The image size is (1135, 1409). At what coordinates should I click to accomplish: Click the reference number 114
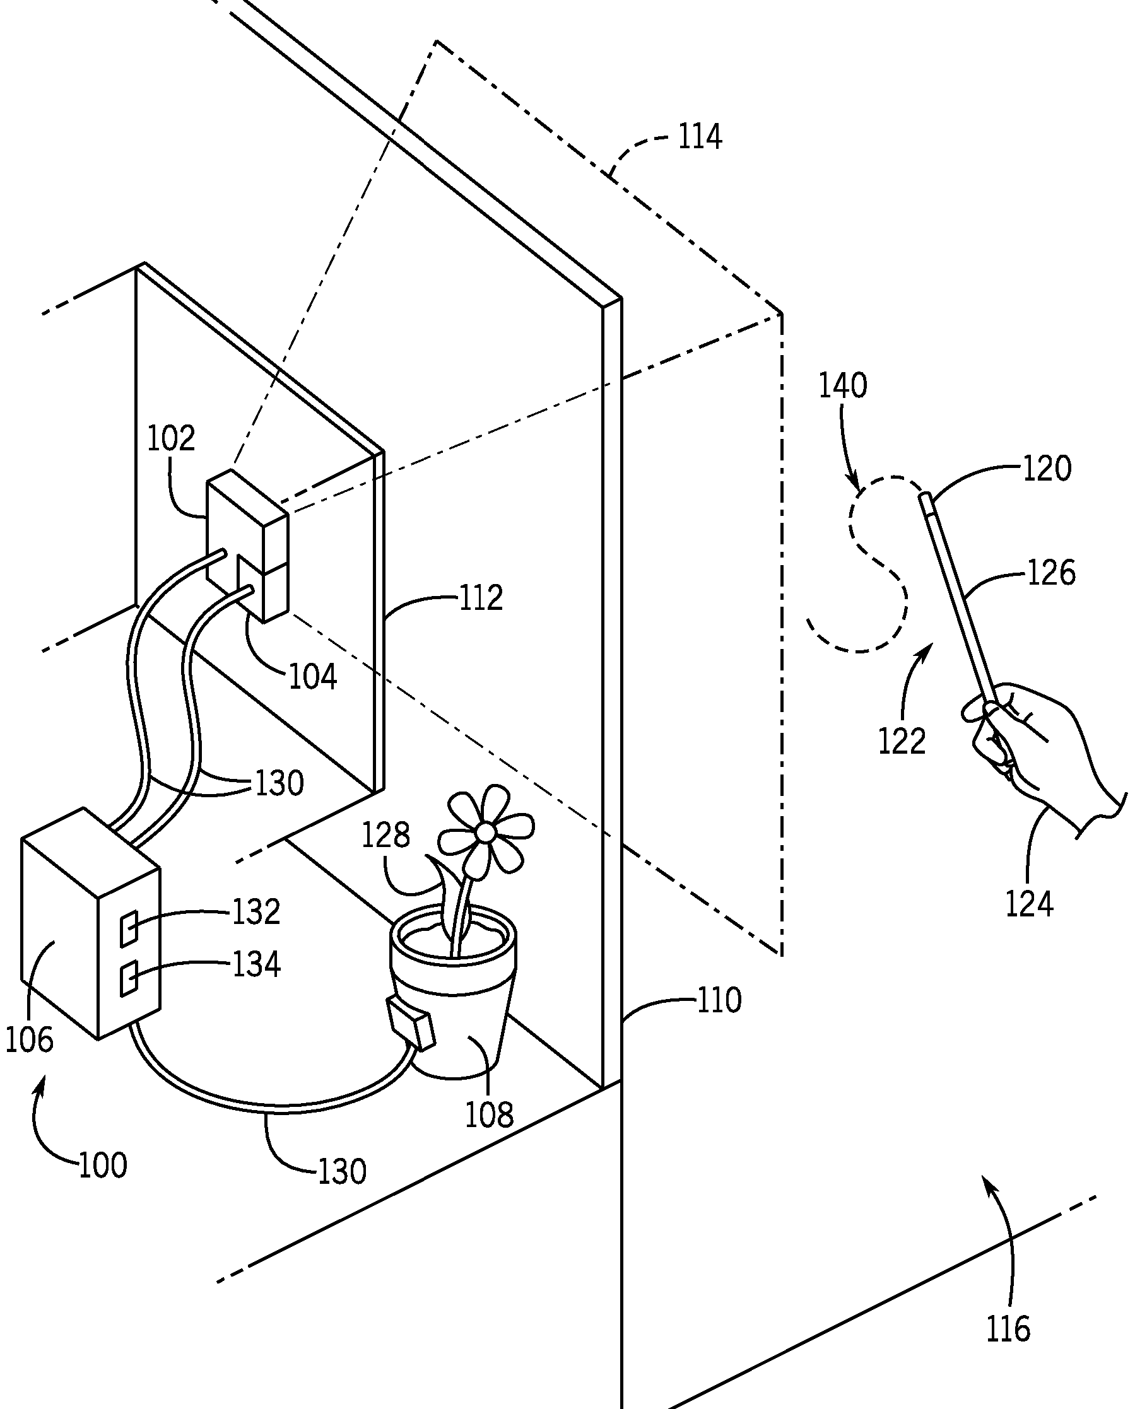pyautogui.click(x=700, y=137)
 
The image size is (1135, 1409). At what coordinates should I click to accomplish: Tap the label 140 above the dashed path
pyautogui.click(x=843, y=385)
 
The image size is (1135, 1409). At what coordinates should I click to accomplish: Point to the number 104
pyautogui.click(x=313, y=677)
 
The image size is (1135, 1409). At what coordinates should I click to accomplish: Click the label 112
pyautogui.click(x=481, y=597)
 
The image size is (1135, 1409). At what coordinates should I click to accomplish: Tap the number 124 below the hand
pyautogui.click(x=1029, y=904)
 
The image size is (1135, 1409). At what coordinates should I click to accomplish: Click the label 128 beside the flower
pyautogui.click(x=385, y=834)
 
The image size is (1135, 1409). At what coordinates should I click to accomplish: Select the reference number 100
pyautogui.click(x=103, y=1166)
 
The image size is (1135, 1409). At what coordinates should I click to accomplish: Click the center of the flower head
pyautogui.click(x=485, y=832)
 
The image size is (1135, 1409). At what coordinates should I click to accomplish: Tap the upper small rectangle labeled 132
pyautogui.click(x=129, y=928)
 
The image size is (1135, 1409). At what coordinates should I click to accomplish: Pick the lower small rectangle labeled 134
pyautogui.click(x=129, y=978)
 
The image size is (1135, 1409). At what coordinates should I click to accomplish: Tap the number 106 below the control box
pyautogui.click(x=29, y=1039)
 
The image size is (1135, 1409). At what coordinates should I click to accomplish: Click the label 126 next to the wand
pyautogui.click(x=1051, y=573)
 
